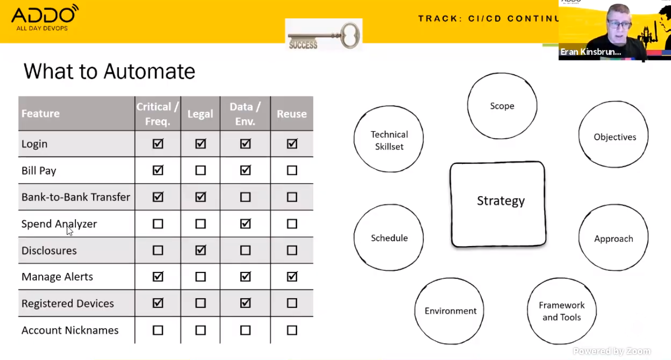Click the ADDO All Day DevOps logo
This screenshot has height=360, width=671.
(x=45, y=18)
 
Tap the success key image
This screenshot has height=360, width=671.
(x=323, y=35)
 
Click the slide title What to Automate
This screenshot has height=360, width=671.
(x=109, y=72)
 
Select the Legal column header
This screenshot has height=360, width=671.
(x=200, y=114)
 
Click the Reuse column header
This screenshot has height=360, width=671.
(x=292, y=114)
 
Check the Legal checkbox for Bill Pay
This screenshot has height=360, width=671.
(x=201, y=170)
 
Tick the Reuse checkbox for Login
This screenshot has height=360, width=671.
(x=292, y=144)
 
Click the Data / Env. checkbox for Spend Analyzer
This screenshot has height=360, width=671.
(x=245, y=224)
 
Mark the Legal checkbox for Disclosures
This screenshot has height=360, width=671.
(x=201, y=250)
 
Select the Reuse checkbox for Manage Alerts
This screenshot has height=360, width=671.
(x=292, y=276)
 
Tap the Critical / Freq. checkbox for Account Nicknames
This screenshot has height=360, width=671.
(x=158, y=330)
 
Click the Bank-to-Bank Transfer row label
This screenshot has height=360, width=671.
(x=76, y=197)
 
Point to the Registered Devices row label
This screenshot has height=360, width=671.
(x=68, y=304)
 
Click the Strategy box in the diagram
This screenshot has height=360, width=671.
(x=498, y=204)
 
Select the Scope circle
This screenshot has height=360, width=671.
(x=502, y=106)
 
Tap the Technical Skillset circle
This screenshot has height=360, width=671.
(x=389, y=139)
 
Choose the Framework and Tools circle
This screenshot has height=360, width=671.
(x=562, y=311)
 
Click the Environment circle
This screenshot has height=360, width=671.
(x=449, y=311)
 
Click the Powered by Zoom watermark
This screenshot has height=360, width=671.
(x=612, y=351)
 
